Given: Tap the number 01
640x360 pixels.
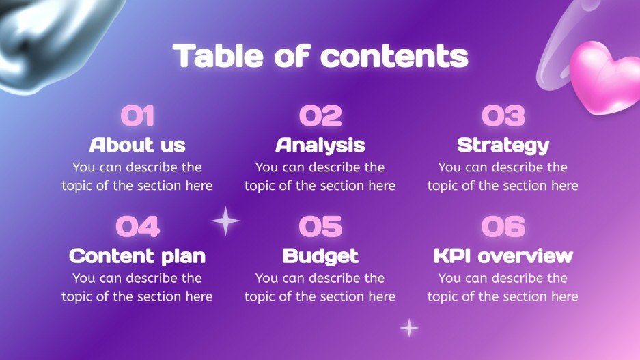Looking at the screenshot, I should pyautogui.click(x=137, y=115).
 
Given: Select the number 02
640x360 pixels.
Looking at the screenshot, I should pyautogui.click(x=320, y=115).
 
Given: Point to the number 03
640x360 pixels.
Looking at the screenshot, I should pyautogui.click(x=503, y=115).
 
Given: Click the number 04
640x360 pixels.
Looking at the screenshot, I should pyautogui.click(x=137, y=227).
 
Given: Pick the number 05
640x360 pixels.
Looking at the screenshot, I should pyautogui.click(x=320, y=227).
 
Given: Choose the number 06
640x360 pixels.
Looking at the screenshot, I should pyautogui.click(x=503, y=227).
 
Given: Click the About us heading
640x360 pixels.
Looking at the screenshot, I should pyautogui.click(x=137, y=145).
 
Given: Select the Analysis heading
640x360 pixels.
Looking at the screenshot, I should pyautogui.click(x=320, y=145).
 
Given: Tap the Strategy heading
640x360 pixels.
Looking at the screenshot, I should pyautogui.click(x=503, y=145).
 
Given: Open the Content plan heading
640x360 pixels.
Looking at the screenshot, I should pyautogui.click(x=137, y=256).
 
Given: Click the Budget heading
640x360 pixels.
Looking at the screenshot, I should pyautogui.click(x=320, y=256).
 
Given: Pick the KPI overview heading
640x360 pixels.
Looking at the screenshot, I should pyautogui.click(x=503, y=256).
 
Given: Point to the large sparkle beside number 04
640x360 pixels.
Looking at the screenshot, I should pyautogui.click(x=226, y=221).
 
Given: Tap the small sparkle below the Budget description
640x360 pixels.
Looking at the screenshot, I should pyautogui.click(x=409, y=328).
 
